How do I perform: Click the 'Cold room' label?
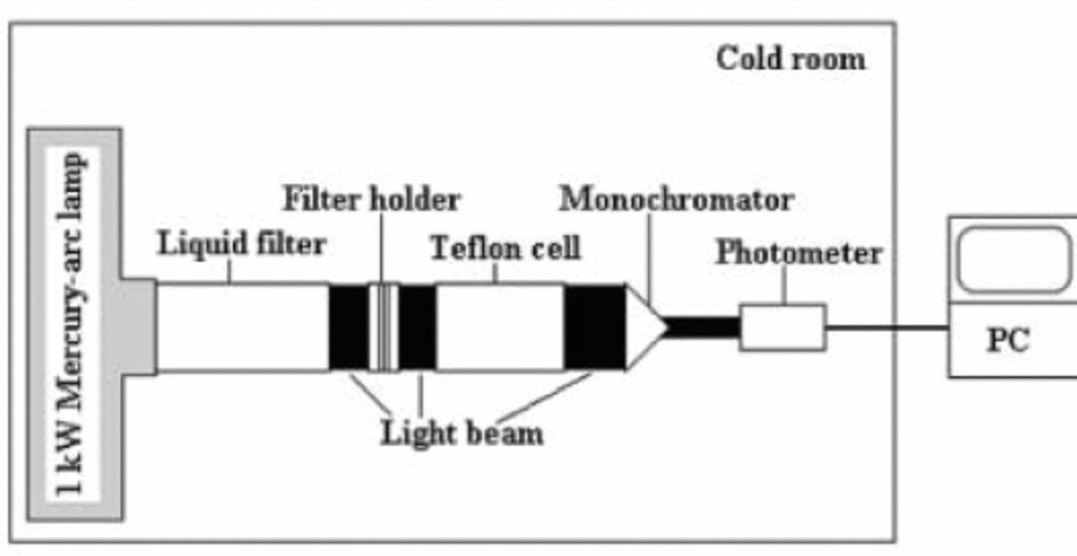pos(790,58)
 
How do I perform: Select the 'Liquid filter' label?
pos(242,245)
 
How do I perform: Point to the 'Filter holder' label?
pos(372,200)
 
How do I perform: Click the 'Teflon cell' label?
pos(505,248)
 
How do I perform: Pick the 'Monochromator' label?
pos(676,200)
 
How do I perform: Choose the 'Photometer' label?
pos(799,253)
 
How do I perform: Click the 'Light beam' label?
pos(462,433)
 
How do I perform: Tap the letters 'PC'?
pos(1008,339)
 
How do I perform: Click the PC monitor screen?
pos(1014,260)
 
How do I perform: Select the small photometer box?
pos(783,328)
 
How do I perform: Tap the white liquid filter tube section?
pos(242,327)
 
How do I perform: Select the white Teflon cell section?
pos(499,327)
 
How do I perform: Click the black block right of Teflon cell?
pos(594,327)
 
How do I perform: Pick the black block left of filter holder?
pos(348,327)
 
